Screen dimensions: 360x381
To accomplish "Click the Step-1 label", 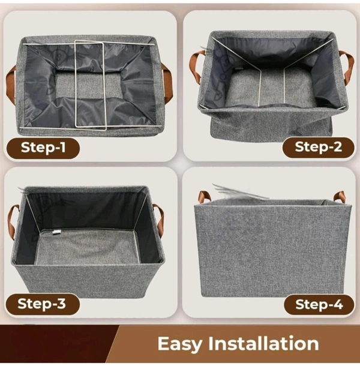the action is (43, 148).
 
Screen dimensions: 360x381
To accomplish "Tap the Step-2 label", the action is (318, 147).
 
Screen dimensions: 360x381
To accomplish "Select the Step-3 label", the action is (43, 304).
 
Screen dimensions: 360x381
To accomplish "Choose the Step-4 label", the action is (319, 304).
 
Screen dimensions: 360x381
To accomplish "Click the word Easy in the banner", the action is (180, 344).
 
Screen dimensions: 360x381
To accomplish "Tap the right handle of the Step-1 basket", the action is (167, 82).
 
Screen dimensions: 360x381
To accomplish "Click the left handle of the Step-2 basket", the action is (195, 65).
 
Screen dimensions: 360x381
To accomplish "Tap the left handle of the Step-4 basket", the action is (203, 196).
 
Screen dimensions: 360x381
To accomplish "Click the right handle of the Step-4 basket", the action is (340, 196).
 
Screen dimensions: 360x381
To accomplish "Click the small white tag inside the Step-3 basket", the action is (56, 232).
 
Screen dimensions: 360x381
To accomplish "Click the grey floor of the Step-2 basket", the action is (271, 88).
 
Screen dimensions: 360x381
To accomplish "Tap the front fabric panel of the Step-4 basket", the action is (272, 250).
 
